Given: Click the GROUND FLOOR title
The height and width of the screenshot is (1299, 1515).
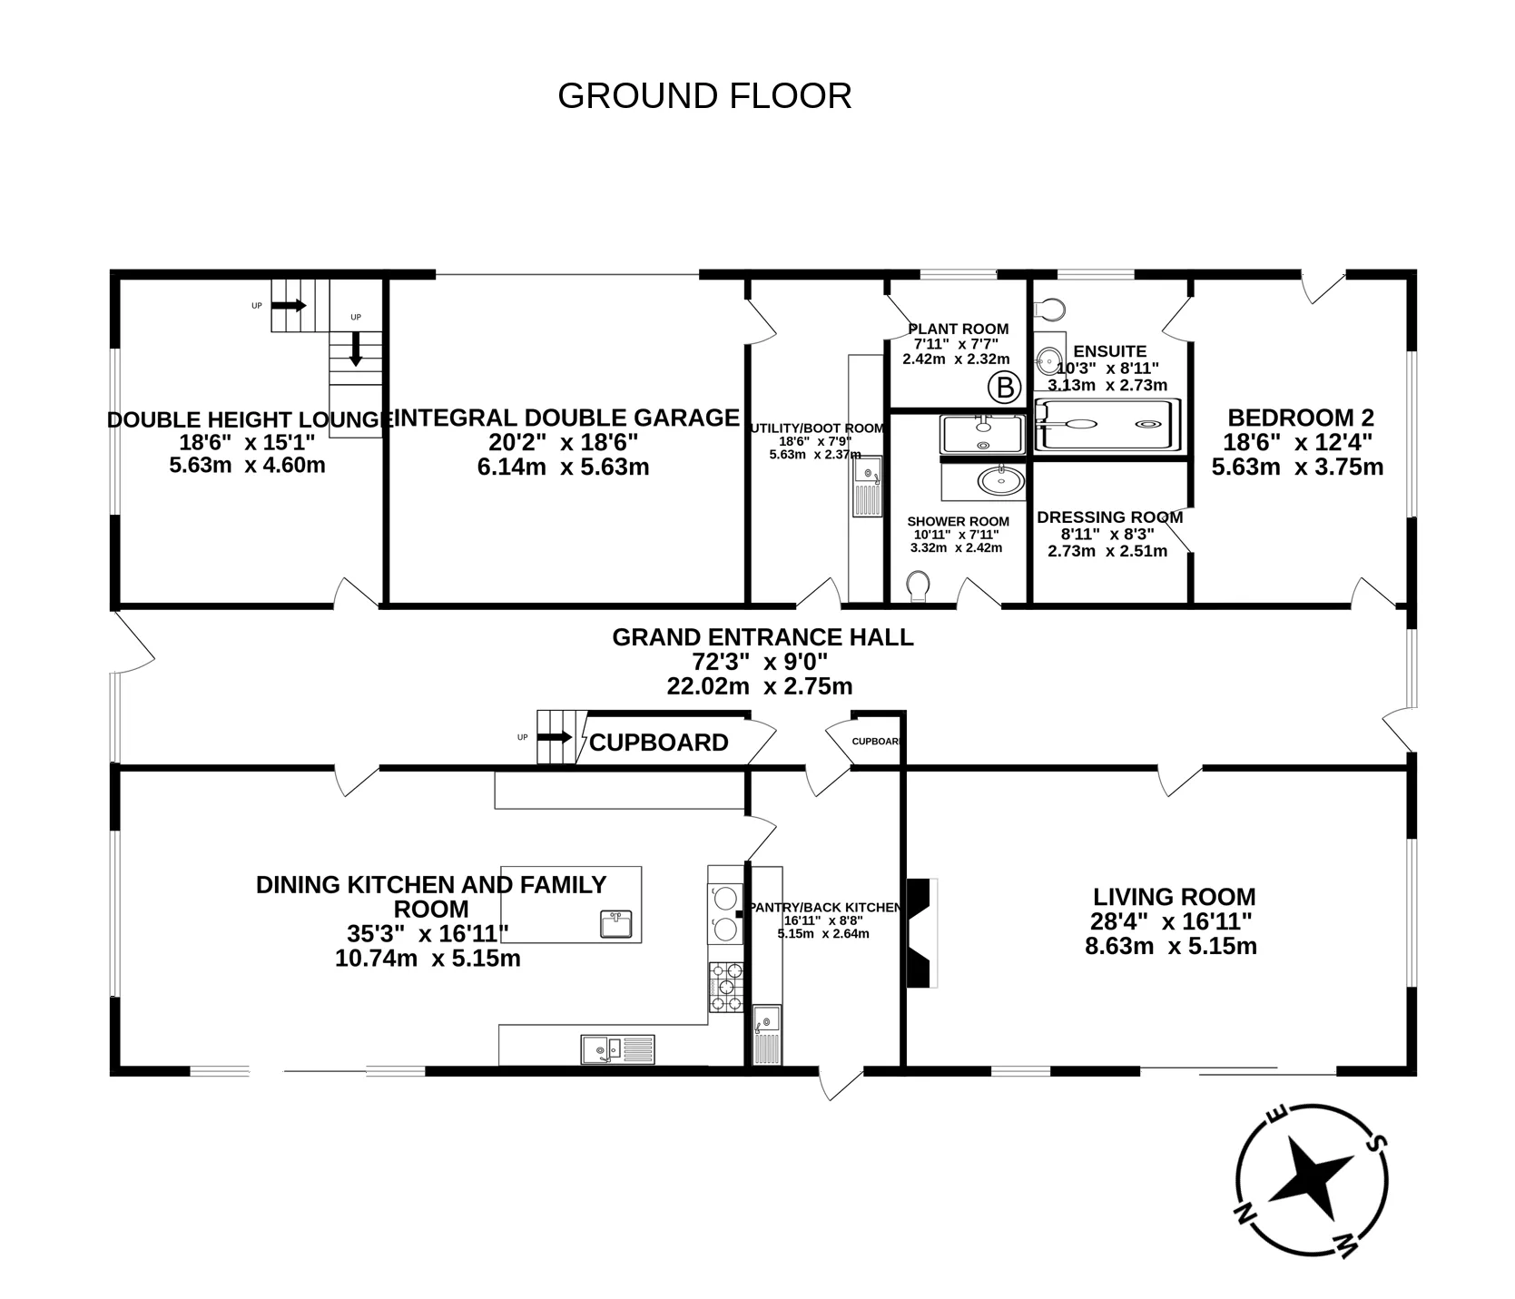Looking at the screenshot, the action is pos(704,96).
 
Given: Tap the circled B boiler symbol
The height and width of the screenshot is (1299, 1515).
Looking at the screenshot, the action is pos(1004,389).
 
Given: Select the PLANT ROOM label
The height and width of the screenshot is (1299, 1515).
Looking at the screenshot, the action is pos(958,329).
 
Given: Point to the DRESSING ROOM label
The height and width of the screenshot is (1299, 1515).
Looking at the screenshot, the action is pos(1109,517).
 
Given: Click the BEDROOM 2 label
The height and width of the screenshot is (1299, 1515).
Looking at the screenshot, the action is pos(1301,418).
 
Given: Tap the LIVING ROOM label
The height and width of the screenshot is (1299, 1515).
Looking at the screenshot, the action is pos(1174,897).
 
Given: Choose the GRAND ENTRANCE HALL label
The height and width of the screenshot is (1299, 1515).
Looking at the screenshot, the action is pos(762,637).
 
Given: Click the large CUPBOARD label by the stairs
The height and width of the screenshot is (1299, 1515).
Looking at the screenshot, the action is pos(659,743).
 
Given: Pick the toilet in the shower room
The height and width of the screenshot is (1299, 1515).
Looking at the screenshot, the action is pos(918,586).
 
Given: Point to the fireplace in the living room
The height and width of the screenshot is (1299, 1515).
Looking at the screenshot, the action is pos(921,932).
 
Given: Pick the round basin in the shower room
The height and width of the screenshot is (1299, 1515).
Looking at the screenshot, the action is pos(1001,479).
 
